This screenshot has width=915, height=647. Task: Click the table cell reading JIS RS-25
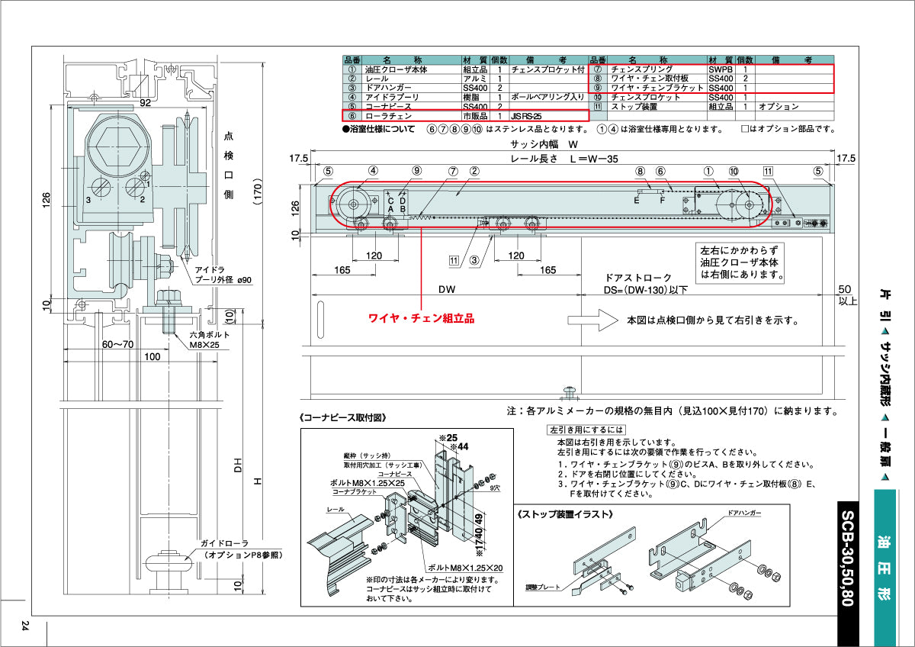tap(527, 116)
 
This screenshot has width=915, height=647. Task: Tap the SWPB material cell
tap(721, 69)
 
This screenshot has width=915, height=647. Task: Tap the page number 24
tap(25, 626)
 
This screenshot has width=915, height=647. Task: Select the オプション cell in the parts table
tap(779, 107)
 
